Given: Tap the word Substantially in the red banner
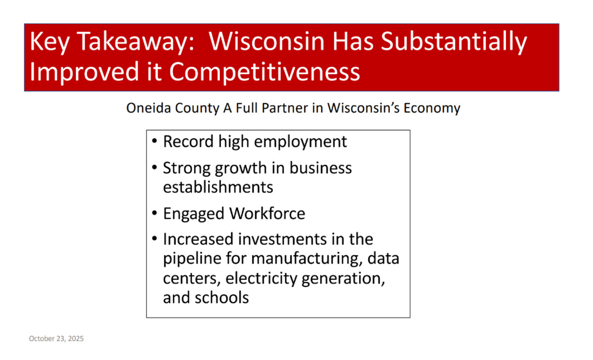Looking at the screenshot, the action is click(454, 42).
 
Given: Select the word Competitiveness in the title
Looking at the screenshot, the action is click(264, 72).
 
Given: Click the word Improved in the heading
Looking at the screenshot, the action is click(85, 72).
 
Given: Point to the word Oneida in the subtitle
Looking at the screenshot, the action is click(149, 108).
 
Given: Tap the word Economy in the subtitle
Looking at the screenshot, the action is click(431, 109).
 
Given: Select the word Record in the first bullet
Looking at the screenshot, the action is click(188, 142).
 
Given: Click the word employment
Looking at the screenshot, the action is click(300, 142).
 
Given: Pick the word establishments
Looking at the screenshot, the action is click(218, 187).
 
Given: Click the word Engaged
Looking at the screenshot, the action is click(194, 214).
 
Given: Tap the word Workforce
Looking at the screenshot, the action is click(267, 213).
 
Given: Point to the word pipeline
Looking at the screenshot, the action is click(192, 259).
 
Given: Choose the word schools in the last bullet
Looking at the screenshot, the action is click(222, 298).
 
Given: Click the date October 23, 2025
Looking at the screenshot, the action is click(56, 339).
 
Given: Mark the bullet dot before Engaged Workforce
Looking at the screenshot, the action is click(155, 213).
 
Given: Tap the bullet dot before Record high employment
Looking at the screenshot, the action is click(155, 141).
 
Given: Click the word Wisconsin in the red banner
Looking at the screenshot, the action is click(266, 41).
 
